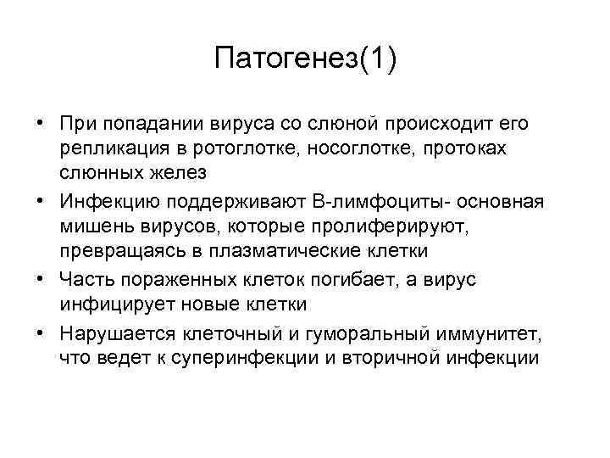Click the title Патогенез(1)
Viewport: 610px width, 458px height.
click(x=305, y=60)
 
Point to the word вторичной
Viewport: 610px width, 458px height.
click(x=389, y=357)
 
